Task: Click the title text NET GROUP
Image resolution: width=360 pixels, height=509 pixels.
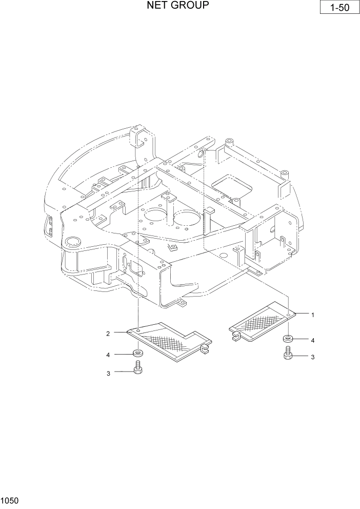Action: point(177,6)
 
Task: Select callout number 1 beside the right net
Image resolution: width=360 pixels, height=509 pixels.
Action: point(313,314)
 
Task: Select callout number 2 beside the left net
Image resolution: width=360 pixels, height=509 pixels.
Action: point(108,334)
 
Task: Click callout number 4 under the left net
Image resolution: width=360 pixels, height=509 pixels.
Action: point(108,355)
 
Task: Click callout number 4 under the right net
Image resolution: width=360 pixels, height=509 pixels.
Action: point(312,340)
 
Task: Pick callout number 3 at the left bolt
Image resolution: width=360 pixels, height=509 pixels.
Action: point(108,374)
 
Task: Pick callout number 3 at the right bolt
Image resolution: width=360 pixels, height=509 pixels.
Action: point(312,357)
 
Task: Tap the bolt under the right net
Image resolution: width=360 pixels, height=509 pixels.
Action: point(288,354)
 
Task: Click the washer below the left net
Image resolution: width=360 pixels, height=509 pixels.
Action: point(137,354)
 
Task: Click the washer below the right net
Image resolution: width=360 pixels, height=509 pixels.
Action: point(288,339)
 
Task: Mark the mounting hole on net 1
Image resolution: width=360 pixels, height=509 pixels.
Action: point(289,313)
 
